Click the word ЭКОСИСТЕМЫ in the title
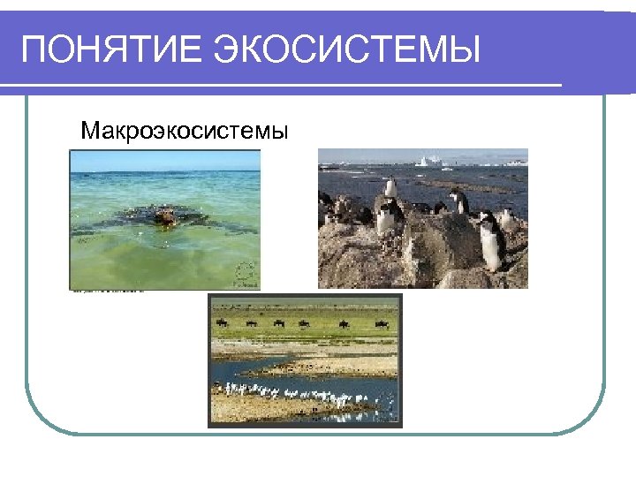346,50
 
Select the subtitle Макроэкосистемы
184,132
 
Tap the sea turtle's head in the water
163,215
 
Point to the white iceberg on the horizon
430,162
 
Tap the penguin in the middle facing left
458,201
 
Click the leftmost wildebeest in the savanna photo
223,323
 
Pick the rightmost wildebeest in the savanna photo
381,324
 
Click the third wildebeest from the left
279,323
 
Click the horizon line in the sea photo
165,171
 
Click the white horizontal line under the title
281,87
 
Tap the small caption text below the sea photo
106,291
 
